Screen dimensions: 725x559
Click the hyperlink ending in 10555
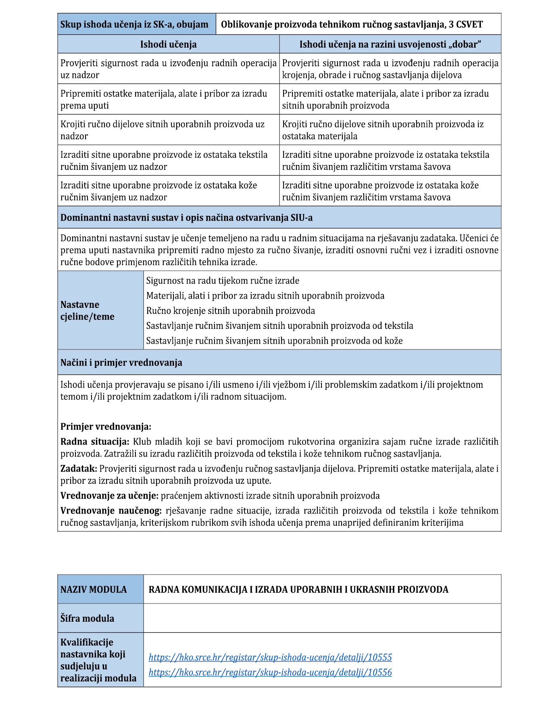pyautogui.click(x=270, y=657)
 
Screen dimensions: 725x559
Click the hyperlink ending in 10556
pyautogui.click(x=270, y=672)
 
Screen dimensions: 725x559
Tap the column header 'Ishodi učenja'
pyautogui.click(x=168, y=44)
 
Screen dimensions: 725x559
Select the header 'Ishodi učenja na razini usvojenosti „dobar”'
pyautogui.click(x=390, y=44)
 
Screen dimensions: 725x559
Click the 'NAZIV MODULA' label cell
pyautogui.click(x=94, y=589)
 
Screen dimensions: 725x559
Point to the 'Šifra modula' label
pyautogui.click(x=87, y=618)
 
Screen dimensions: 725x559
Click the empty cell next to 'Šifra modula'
pyautogui.click(x=322, y=618)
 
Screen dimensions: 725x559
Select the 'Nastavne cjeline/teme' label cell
pyautogui.click(x=88, y=310)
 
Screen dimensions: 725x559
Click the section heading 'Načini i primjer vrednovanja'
pyautogui.click(x=121, y=363)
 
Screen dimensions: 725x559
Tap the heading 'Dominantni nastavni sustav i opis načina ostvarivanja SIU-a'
pyautogui.click(x=186, y=218)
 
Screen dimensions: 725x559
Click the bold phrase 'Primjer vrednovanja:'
pyautogui.click(x=106, y=426)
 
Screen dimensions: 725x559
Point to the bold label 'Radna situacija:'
pyautogui.click(x=95, y=442)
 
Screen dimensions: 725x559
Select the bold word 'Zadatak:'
pyautogui.click(x=79, y=469)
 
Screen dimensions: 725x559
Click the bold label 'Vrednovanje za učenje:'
pyautogui.click(x=109, y=496)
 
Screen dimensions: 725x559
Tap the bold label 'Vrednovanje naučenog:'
pyautogui.click(x=111, y=511)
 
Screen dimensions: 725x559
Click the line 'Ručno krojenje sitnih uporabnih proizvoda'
pyautogui.click(x=230, y=311)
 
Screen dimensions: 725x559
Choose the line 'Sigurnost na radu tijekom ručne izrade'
pyautogui.click(x=223, y=281)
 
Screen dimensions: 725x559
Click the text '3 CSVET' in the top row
pyautogui.click(x=466, y=25)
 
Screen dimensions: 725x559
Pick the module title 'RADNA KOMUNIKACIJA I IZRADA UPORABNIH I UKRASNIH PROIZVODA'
pyautogui.click(x=298, y=589)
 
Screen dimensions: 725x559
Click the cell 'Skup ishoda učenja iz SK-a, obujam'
pyautogui.click(x=134, y=25)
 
